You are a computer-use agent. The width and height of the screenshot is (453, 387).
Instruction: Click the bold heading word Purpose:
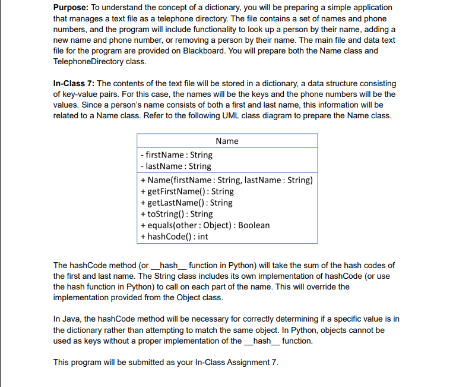coord(72,7)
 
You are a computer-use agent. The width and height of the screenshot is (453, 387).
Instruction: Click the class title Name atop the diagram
coord(227,141)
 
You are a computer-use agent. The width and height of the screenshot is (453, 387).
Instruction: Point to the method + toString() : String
coord(176,214)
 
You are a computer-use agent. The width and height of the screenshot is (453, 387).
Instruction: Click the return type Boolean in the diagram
coord(253,225)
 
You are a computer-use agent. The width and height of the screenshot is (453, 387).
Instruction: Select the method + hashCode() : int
coord(174,237)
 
